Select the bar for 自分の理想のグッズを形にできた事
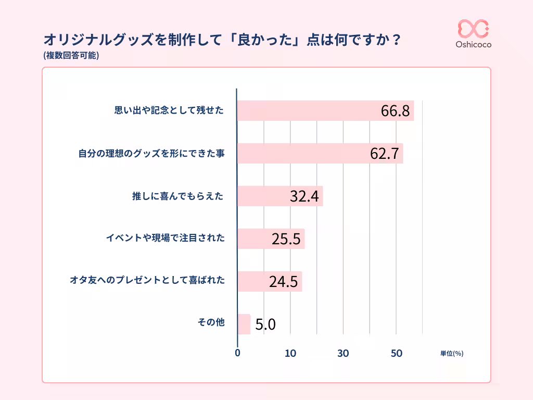[x=312, y=154]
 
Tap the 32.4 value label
[x=304, y=196]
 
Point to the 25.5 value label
[x=286, y=239]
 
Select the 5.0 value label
[x=265, y=325]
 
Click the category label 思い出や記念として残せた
[x=169, y=110]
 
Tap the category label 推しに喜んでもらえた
[x=177, y=196]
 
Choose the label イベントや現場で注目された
[x=165, y=238]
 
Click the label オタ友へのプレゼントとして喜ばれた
[x=147, y=280]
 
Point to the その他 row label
[x=211, y=322]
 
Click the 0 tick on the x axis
[x=238, y=353]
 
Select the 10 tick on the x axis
[x=290, y=353]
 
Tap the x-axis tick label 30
[x=343, y=353]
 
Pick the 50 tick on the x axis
[x=396, y=353]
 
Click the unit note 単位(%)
[x=451, y=353]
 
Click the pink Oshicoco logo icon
[x=473, y=29]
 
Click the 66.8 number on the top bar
[x=396, y=111]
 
